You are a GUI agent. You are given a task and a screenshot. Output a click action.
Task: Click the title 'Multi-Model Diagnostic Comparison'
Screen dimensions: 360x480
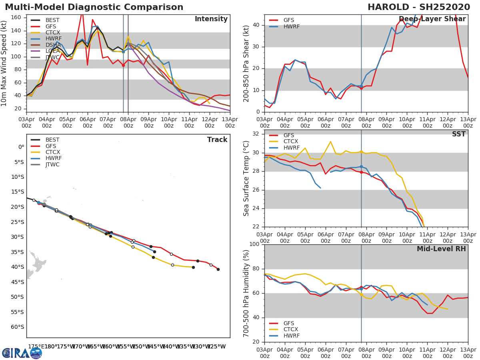(x=94, y=7)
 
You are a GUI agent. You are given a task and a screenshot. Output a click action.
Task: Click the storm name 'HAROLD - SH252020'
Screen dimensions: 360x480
(x=419, y=7)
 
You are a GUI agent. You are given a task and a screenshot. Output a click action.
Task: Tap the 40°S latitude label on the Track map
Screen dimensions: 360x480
(x=18, y=267)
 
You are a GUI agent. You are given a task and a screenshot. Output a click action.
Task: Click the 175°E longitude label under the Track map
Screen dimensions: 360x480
(x=36, y=346)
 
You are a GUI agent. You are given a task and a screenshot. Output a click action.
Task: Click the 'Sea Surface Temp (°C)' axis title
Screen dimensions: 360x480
(x=246, y=178)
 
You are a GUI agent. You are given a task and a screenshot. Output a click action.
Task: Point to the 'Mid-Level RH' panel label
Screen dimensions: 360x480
(x=441, y=249)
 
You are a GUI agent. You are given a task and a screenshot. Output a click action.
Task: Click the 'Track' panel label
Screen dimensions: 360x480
(x=217, y=140)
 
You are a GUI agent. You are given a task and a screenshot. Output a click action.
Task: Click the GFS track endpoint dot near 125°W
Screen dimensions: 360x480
(x=218, y=269)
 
